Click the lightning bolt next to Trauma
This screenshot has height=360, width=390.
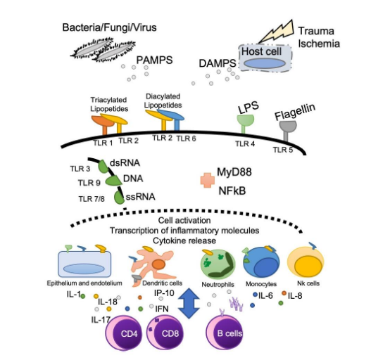pos(276,32)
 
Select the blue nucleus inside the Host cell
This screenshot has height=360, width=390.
pos(264,63)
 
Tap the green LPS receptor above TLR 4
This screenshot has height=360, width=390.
pos(245,123)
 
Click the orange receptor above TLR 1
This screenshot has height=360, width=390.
pos(103,124)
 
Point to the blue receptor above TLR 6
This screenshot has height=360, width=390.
pos(174,119)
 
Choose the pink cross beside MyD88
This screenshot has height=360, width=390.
pos(208,180)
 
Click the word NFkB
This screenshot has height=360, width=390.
pos(232,191)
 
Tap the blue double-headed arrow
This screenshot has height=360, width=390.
pos(189,303)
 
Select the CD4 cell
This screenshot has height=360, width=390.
pos(124,333)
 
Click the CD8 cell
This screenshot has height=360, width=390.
pos(165,333)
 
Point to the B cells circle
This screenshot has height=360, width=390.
pos(225,333)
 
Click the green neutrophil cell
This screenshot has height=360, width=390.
pos(218,264)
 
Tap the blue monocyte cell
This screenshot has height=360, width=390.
pos(261,263)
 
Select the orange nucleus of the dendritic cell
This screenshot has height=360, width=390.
pos(158,264)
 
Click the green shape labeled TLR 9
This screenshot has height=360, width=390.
pos(113,181)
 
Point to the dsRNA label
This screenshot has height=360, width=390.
pos(125,163)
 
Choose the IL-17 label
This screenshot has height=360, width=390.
pos(101,320)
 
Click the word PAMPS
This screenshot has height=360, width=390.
pos(154,60)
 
